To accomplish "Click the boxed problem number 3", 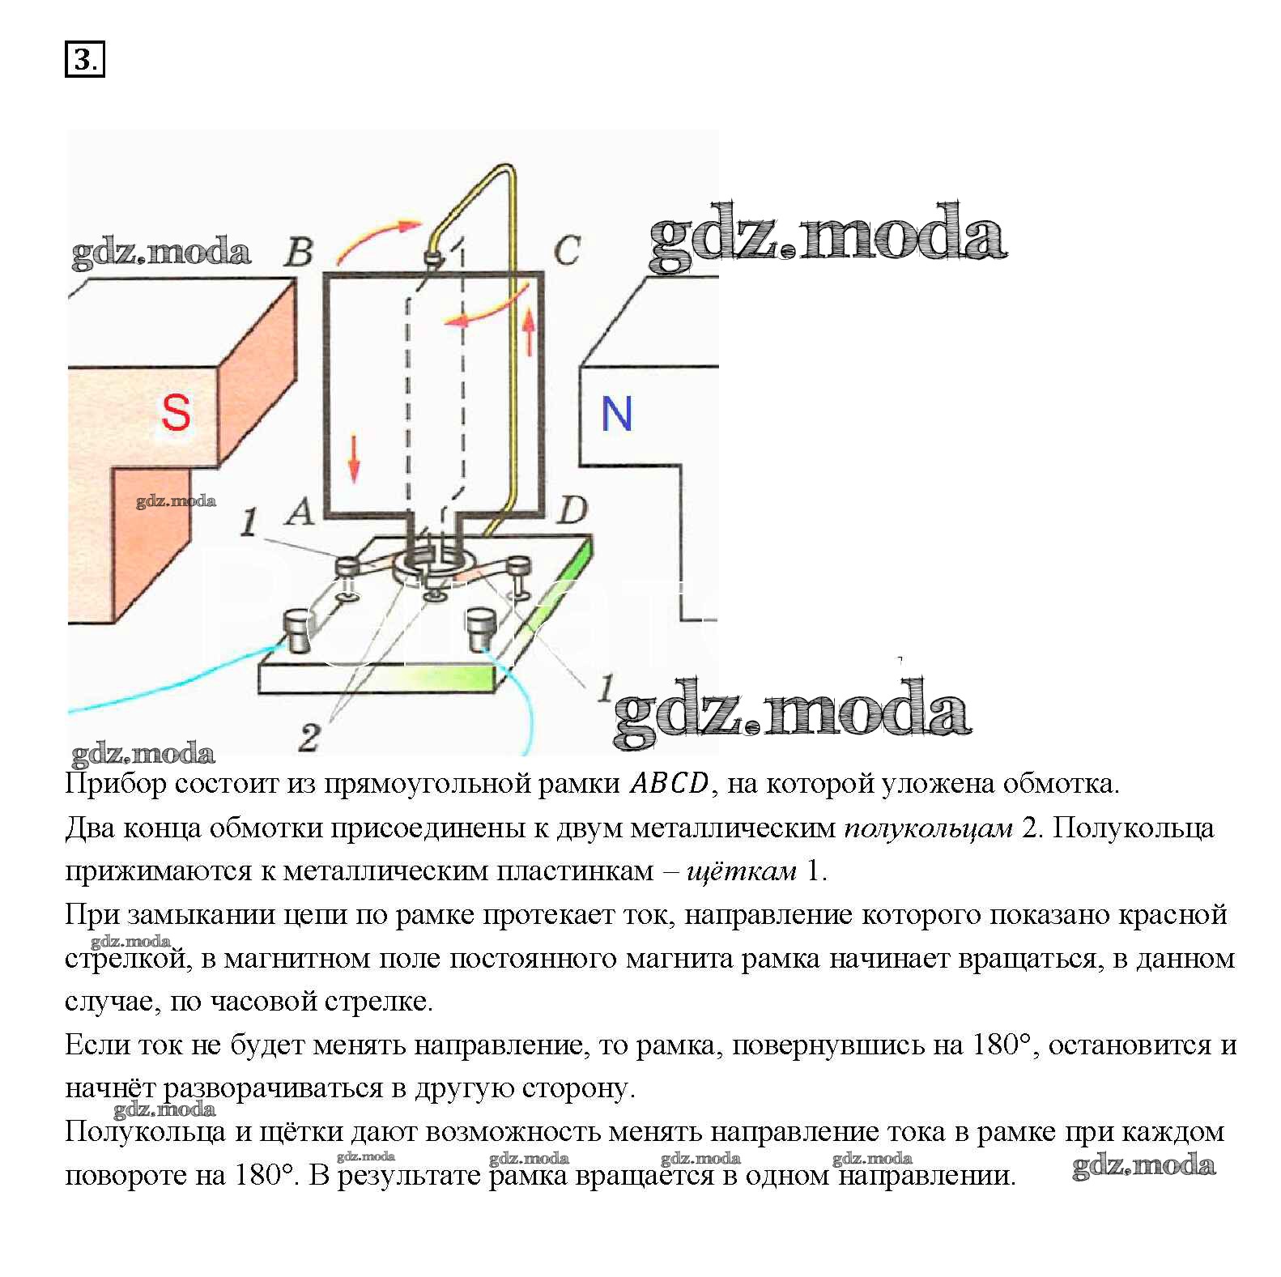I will [x=84, y=60].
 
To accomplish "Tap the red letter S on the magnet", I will [x=176, y=412].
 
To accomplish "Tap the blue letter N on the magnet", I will [x=616, y=414].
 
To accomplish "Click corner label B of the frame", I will [x=299, y=252].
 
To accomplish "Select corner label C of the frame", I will [x=566, y=250].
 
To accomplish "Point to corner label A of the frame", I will [x=300, y=512].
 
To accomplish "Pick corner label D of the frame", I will [x=572, y=510].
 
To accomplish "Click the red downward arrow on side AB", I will [x=353, y=458].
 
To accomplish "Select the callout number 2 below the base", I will [x=309, y=738].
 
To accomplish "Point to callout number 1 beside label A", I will [x=249, y=523].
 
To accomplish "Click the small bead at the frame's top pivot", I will [x=432, y=259].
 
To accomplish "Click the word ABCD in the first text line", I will [x=669, y=783].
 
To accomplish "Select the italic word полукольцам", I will [x=928, y=828].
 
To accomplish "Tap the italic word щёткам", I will [x=741, y=871].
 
